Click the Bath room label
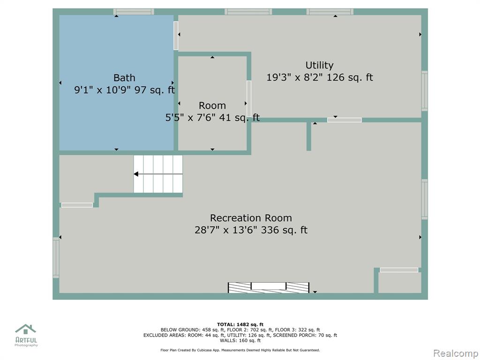pos(124,78)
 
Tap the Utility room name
pos(319,66)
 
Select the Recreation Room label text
pos(251,218)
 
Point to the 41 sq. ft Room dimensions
pos(212,117)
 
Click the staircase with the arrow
pos(158,174)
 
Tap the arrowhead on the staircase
pos(136,174)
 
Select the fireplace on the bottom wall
pos(269,287)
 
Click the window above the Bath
pos(134,12)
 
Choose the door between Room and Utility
pos(249,98)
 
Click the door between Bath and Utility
pos(176,36)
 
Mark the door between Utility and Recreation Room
pos(345,120)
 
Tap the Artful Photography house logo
pos(26,330)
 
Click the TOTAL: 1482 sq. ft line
pos(240,324)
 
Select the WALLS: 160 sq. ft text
pos(240,340)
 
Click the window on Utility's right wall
pos(424,91)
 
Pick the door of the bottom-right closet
pos(399,270)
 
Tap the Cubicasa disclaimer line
pos(240,350)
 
